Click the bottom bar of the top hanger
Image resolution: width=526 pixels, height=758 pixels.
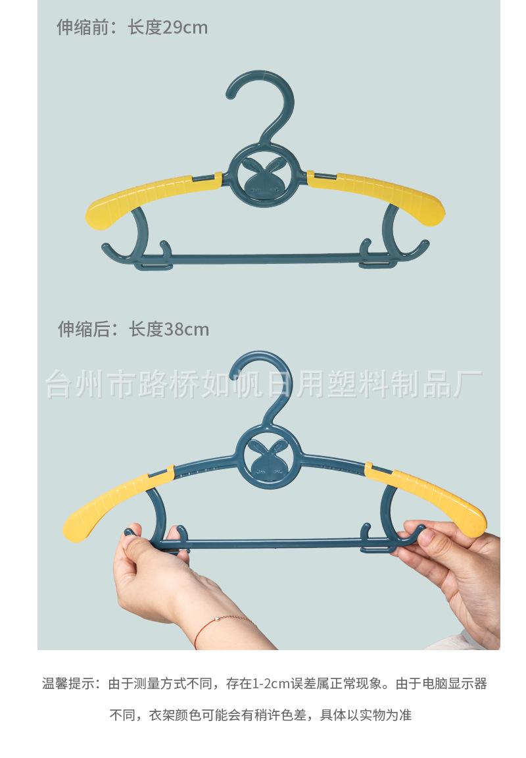tap(263, 258)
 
